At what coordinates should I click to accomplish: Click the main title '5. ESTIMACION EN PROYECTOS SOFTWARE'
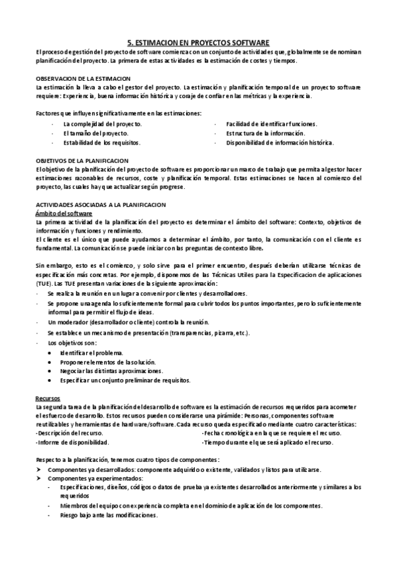point(198,41)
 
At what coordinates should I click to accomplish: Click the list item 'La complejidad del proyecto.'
point(102,124)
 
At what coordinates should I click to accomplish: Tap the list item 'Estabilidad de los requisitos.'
point(102,142)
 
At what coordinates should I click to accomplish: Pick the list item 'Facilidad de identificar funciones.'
point(272,124)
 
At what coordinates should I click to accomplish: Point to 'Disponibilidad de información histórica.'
point(280,142)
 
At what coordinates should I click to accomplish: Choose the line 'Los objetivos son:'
point(72,343)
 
